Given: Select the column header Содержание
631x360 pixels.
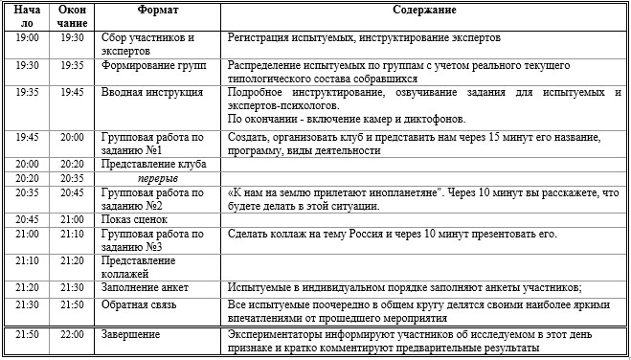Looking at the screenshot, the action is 424,10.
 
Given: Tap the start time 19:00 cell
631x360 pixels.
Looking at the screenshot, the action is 27,38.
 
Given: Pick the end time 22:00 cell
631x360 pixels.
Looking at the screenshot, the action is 72,334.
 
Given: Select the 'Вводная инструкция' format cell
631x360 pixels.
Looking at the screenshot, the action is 152,93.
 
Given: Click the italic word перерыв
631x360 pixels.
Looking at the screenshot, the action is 155,178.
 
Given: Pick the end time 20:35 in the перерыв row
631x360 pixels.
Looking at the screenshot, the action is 72,178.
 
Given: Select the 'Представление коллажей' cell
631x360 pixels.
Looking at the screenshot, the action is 143,266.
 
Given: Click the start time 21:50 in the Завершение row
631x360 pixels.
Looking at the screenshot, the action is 27,334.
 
